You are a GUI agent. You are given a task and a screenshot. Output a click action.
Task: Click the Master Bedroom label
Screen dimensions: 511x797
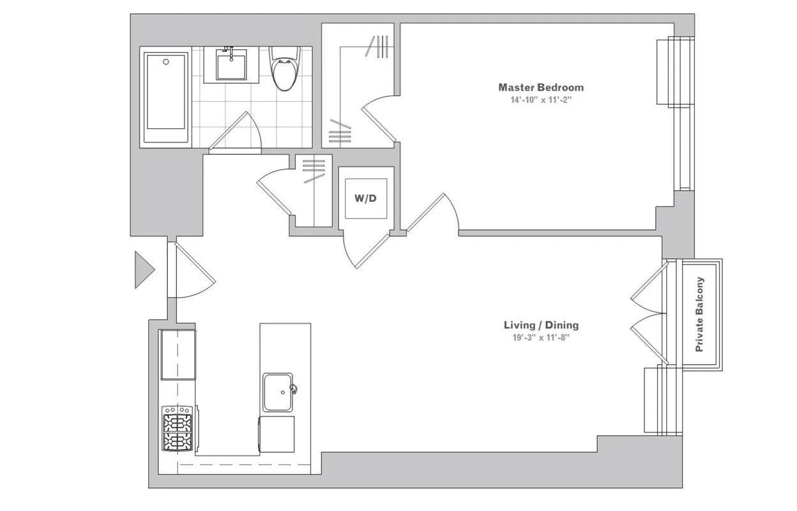540,88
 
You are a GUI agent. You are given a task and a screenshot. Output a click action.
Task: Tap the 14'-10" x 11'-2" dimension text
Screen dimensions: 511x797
540,100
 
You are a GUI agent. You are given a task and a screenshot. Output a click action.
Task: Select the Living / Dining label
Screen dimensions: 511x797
541,325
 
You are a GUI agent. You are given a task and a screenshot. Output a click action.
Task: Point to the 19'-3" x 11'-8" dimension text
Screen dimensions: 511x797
541,337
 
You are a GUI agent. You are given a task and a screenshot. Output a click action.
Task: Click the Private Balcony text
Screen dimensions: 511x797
700,314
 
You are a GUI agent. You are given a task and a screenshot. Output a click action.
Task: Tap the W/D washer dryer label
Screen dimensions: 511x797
365,199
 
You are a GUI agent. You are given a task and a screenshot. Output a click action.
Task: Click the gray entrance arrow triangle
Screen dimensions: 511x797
143,270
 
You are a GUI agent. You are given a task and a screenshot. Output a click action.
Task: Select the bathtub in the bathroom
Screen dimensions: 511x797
166,98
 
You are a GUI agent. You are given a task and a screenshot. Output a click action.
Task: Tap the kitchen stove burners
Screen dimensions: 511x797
178,428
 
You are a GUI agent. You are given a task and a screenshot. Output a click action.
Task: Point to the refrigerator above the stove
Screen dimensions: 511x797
178,355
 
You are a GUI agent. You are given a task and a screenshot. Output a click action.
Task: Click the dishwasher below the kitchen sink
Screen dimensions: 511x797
277,434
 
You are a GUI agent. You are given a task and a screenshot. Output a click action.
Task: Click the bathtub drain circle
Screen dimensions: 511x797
166,62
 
